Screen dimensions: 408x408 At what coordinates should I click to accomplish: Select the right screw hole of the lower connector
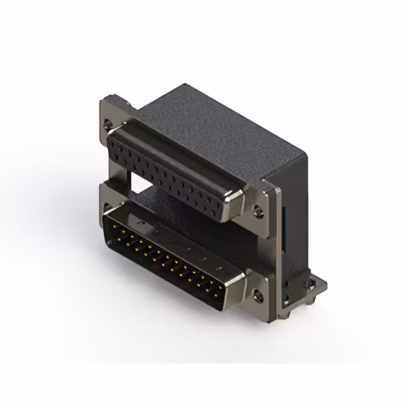(x=258, y=295)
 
